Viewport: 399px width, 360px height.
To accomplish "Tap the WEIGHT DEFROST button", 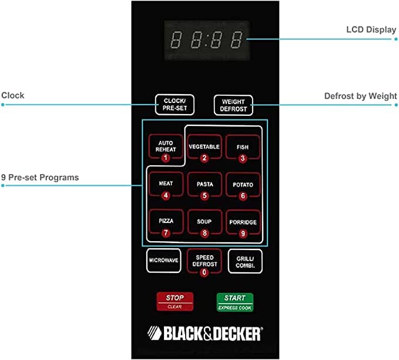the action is coord(233,105).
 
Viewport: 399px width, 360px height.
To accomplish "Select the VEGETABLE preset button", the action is coord(204,148).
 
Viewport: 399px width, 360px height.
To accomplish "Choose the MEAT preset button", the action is coord(166,185).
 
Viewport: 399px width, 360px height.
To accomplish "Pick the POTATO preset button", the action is coord(243,186).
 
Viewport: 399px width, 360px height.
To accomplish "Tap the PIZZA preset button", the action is coord(166,223).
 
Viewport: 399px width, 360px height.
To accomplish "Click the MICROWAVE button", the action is coord(163,261).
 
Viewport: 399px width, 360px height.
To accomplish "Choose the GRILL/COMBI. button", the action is coord(245,261).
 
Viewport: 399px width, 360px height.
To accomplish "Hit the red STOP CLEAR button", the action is coord(175,302).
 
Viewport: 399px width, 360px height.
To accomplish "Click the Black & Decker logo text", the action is coord(205,334).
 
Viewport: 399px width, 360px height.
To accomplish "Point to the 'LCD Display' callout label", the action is coord(371,29).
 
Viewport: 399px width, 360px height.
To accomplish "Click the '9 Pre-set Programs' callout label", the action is coord(40,177).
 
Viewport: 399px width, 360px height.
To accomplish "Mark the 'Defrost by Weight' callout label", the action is coord(360,96).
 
